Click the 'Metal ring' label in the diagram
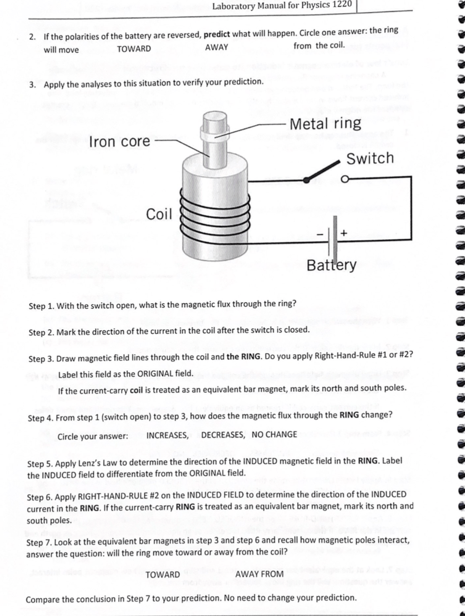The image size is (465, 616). (325, 124)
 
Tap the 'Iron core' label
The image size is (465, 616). (119, 141)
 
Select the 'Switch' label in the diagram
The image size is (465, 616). (370, 158)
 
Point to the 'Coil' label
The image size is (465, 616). (159, 214)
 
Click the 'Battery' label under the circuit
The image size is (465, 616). (332, 265)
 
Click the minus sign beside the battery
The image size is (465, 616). (321, 233)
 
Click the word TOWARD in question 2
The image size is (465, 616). (134, 49)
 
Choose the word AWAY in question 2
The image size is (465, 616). (216, 48)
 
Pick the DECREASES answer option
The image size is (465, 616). (223, 435)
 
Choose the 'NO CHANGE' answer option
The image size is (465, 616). (274, 435)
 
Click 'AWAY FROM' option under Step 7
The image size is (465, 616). (259, 574)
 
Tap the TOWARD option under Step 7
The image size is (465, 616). (163, 574)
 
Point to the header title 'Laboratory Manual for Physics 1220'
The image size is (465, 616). (282, 5)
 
